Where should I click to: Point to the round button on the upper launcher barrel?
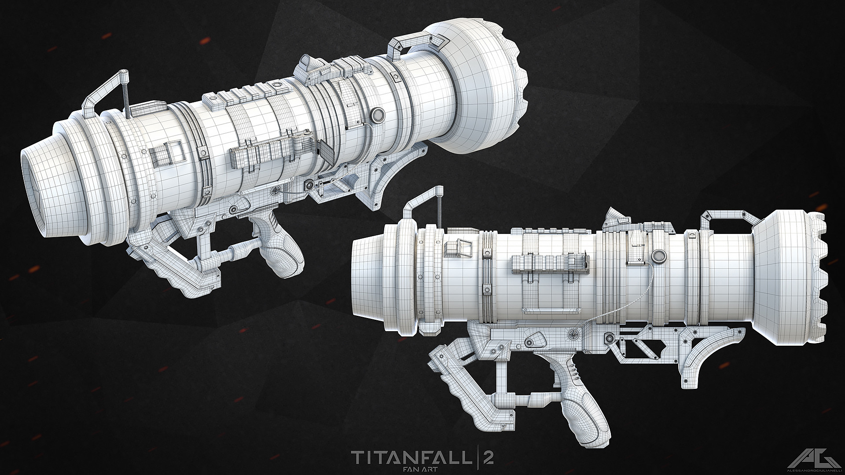(377, 115)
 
